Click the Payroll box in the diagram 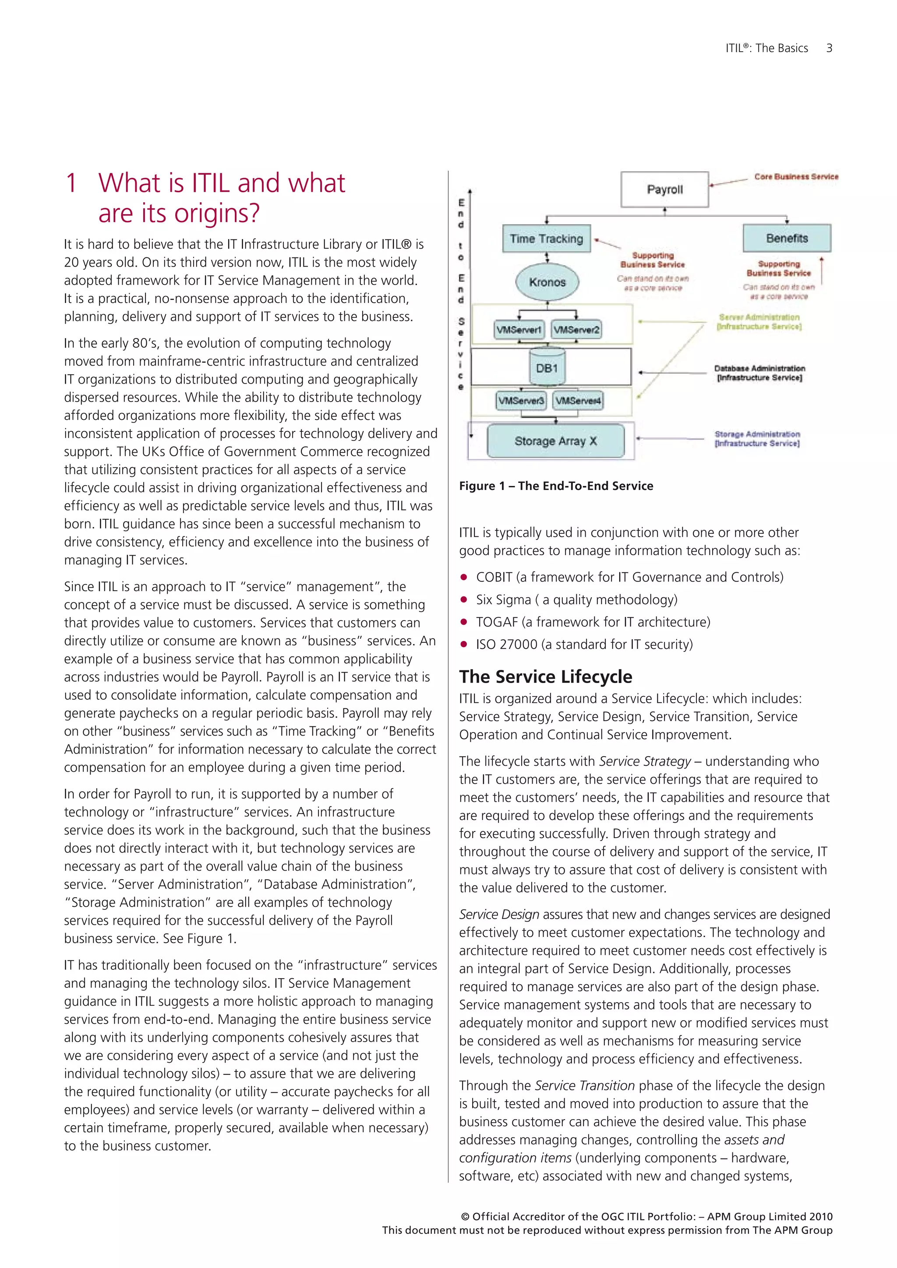pos(664,190)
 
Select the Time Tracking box pos(546,239)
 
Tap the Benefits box pos(787,238)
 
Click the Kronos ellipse pos(547,282)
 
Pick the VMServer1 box pos(519,330)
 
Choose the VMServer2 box pos(576,330)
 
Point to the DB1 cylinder pos(547,368)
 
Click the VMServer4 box pos(578,400)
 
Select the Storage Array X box pos(556,441)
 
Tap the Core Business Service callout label pos(796,177)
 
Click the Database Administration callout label pos(759,373)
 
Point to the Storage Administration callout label pos(757,438)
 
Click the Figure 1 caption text pos(556,486)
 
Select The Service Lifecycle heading pos(546,676)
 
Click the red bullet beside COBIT pos(464,578)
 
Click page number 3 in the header pos(829,48)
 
